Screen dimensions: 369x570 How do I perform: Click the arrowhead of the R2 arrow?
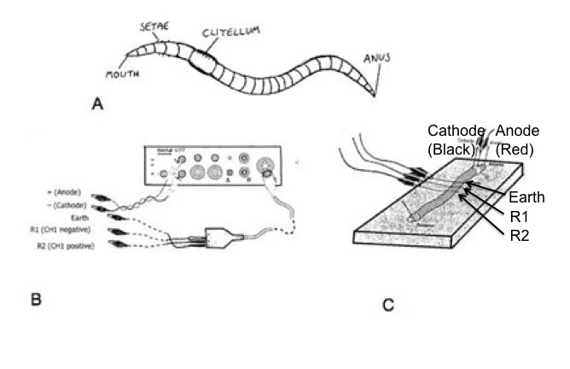(460, 198)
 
